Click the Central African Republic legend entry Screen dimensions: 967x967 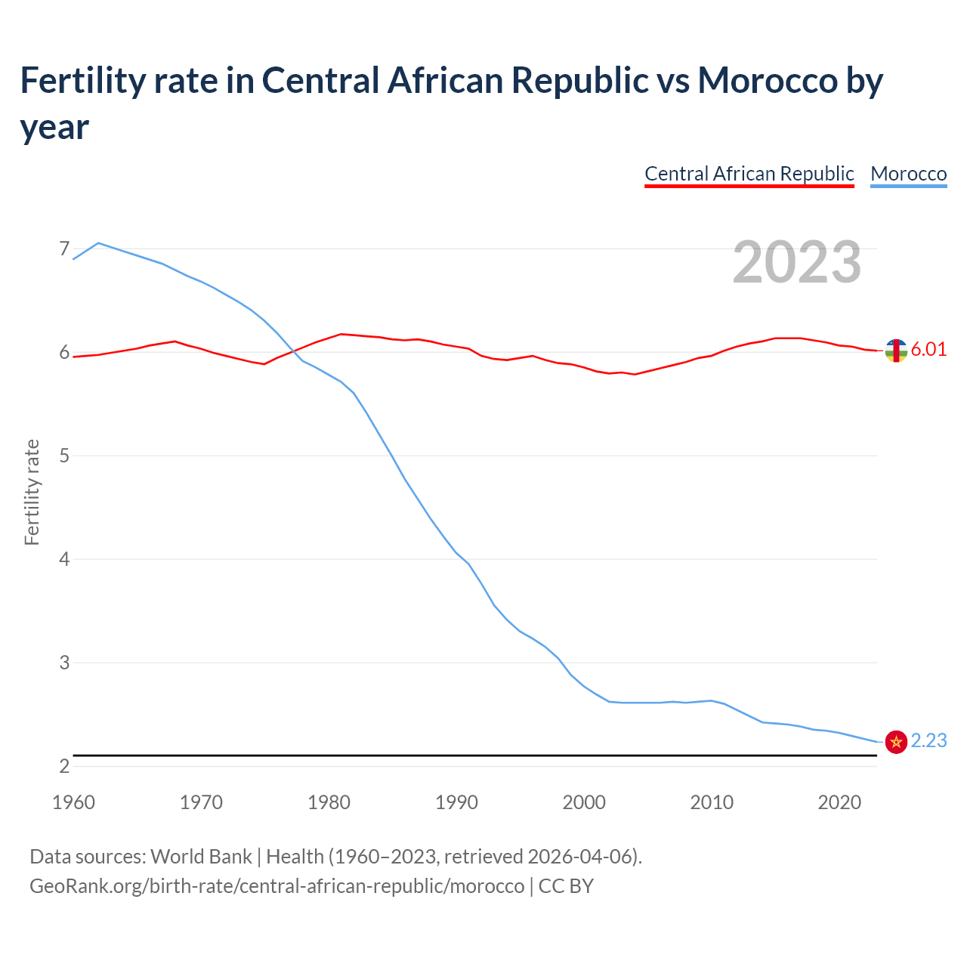[749, 174]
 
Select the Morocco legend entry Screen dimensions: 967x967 [908, 174]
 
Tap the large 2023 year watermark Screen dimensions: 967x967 [796, 261]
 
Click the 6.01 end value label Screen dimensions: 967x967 [928, 349]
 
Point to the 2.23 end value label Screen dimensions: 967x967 [928, 740]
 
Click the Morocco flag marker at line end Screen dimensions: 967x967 [896, 742]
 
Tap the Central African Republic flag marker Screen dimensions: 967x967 [896, 351]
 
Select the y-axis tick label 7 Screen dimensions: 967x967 [63, 249]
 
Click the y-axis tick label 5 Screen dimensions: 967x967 [63, 456]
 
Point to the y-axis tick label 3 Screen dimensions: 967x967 [63, 663]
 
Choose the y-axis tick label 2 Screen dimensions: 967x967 [63, 766]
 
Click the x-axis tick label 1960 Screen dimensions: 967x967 [73, 802]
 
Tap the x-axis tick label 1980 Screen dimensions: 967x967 [329, 802]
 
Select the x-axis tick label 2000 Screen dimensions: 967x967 [584, 802]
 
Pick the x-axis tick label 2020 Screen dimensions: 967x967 [839, 802]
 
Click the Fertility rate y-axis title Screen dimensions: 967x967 [32, 492]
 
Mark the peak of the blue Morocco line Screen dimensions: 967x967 [98, 243]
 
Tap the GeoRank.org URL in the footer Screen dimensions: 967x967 [277, 885]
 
